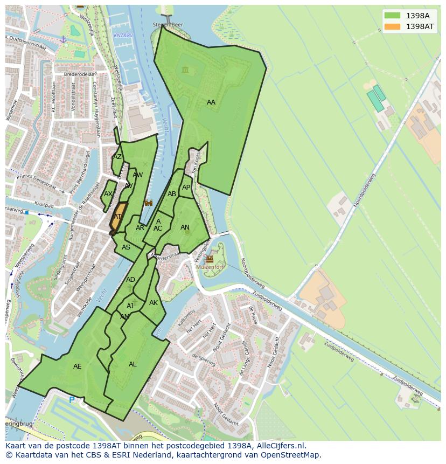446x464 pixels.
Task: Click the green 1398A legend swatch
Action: (393, 16)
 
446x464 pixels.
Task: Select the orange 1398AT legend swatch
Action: (393, 26)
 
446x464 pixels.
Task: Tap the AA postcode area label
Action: (211, 102)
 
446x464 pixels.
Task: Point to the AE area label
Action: (78, 366)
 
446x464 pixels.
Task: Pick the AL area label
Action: (133, 364)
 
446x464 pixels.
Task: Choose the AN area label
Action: (185, 227)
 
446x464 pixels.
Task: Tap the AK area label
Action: (154, 303)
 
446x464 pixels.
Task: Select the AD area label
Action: (130, 280)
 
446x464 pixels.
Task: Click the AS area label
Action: (126, 247)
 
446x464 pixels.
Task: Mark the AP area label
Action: (186, 188)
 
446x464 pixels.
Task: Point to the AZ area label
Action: (117, 157)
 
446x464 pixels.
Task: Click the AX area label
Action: (108, 194)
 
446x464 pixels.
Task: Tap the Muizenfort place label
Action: (210, 266)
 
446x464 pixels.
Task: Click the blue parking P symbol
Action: (72, 400)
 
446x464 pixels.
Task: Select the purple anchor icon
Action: (63, 39)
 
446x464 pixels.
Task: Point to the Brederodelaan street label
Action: (80, 74)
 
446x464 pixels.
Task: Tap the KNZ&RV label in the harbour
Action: (123, 36)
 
